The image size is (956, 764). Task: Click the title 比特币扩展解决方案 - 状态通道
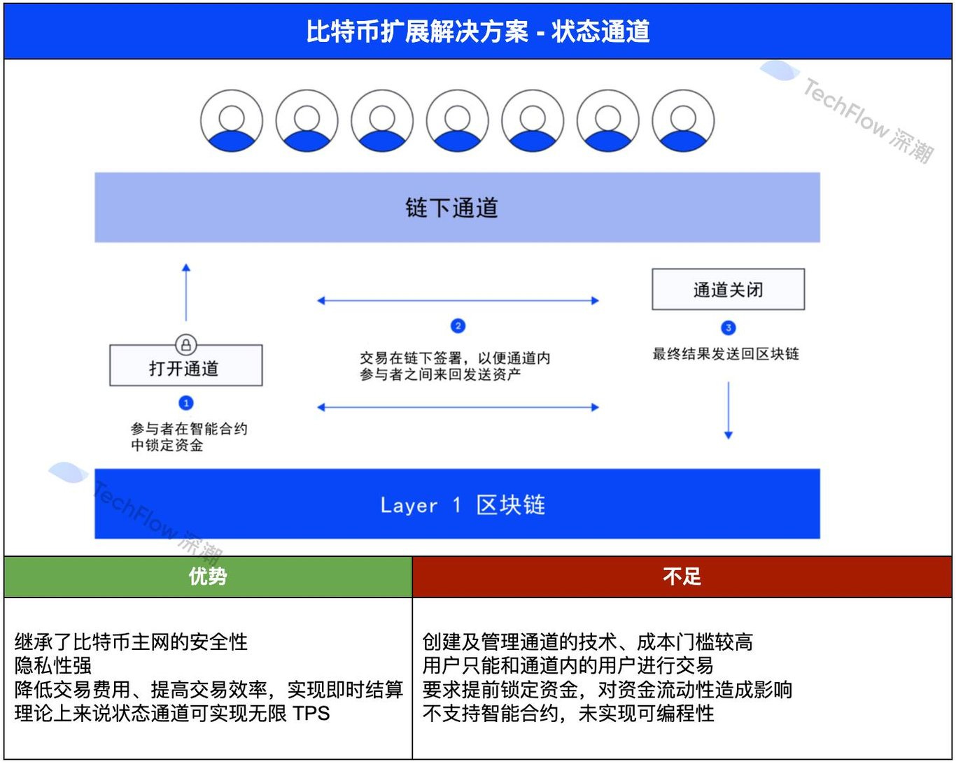478,31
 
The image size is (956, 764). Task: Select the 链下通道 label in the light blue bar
451,208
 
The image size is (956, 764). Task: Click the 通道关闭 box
728,290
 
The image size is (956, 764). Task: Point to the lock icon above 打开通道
185,345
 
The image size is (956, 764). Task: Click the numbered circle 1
185,403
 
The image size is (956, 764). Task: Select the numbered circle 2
458,326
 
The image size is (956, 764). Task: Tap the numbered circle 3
728,328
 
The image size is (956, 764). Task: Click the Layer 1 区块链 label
462,504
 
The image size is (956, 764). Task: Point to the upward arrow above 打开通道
186,292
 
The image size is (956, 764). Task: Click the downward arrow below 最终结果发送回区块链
729,410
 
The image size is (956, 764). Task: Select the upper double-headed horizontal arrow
458,301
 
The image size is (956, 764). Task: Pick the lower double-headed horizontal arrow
458,407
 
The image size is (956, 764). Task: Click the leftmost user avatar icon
232,121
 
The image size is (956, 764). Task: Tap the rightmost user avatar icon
683,121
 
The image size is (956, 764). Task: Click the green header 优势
208,576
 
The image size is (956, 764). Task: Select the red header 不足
682,576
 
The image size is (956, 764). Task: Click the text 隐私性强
53,665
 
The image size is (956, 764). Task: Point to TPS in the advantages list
311,714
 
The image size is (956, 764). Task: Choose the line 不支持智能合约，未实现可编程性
568,714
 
